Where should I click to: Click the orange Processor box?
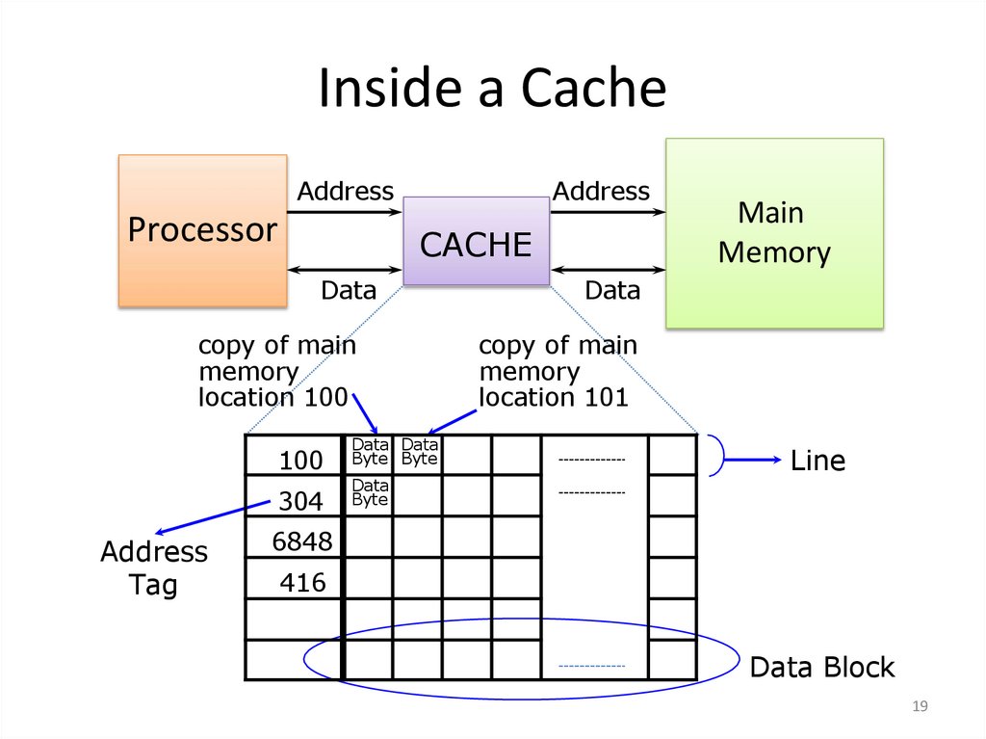tap(202, 230)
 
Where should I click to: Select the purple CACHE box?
tap(476, 243)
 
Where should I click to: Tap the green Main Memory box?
tap(774, 232)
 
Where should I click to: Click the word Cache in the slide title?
tap(593, 89)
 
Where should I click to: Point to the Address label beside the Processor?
tap(345, 191)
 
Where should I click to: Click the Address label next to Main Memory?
tap(601, 191)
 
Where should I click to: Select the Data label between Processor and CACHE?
tap(348, 289)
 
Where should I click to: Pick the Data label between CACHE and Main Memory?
tap(612, 289)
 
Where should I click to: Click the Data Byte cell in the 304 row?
tap(370, 492)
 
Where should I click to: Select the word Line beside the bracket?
tap(817, 461)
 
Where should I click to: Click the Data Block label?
tap(821, 667)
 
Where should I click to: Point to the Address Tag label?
tap(154, 567)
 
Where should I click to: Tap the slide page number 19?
tap(919, 708)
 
